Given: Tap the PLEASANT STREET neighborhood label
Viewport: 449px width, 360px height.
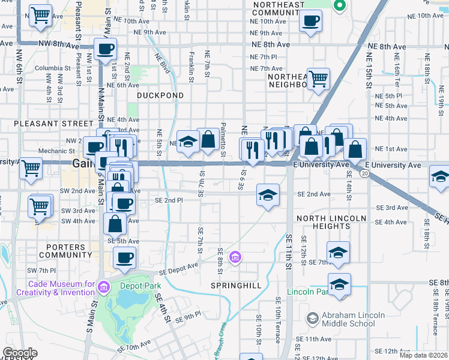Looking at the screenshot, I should pyautogui.click(x=43, y=123).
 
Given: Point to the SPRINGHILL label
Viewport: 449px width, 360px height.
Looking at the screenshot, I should pyautogui.click(x=236, y=286).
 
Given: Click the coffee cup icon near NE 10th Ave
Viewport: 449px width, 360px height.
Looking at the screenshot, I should pyautogui.click(x=310, y=21).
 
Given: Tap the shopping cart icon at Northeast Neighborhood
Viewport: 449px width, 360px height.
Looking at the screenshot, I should pyautogui.click(x=318, y=77).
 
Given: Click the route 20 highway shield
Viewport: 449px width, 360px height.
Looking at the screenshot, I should pyautogui.click(x=364, y=173).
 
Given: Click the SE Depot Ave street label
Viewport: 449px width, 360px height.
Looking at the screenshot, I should pyautogui.click(x=178, y=268).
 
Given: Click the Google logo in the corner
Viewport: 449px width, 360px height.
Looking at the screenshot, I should pyautogui.click(x=20, y=353).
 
